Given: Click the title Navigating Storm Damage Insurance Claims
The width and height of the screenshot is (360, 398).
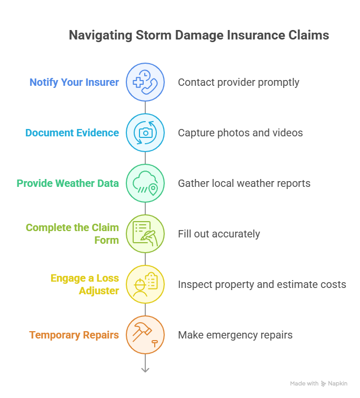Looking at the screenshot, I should [199, 35].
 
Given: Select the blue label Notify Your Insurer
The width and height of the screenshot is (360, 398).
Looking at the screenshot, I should [74, 82].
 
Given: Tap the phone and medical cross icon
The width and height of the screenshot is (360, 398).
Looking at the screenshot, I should [145, 82].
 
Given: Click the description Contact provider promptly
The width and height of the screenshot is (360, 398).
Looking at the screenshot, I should [238, 82].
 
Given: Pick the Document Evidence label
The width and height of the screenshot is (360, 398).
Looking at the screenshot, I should [72, 133].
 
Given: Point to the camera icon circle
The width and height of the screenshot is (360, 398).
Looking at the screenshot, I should [145, 133].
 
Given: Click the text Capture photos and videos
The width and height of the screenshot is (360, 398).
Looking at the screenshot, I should [240, 133].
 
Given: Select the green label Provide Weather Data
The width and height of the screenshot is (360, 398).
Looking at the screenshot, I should [68, 183].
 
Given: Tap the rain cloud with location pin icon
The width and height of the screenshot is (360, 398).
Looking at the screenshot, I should [145, 183].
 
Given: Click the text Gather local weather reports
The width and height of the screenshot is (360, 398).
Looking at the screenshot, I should [244, 183].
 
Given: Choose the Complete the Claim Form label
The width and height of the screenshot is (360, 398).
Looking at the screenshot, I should [73, 234].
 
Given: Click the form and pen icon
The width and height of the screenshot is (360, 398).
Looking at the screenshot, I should [145, 234].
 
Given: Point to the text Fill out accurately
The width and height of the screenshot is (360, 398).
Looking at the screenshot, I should [218, 234].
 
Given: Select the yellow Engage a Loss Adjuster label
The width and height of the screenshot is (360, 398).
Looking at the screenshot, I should [85, 284].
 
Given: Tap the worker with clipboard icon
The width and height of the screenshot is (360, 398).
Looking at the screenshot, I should [145, 284].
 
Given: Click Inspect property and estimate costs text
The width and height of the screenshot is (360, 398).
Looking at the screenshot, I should [262, 284].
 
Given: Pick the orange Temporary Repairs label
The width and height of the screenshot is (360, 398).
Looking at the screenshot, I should [74, 335].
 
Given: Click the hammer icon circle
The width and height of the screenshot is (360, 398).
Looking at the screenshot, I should [145, 335].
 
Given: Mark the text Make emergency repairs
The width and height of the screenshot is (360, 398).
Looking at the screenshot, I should [235, 335].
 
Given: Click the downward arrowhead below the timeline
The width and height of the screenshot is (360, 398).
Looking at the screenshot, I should [145, 370].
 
